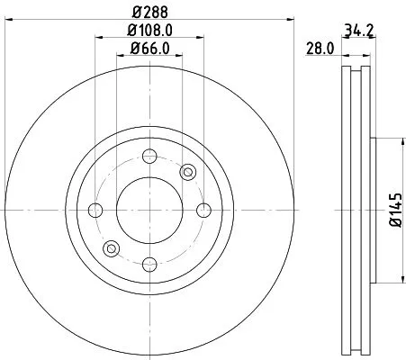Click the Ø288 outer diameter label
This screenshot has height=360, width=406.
[x=149, y=11]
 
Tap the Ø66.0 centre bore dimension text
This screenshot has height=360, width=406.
[x=149, y=49]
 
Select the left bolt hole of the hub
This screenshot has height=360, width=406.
[x=95, y=211]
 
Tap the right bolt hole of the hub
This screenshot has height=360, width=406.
[x=203, y=211]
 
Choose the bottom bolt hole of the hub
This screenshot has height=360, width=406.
[x=149, y=265]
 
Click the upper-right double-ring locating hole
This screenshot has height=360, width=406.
[x=187, y=172]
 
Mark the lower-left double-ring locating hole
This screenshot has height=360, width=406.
[x=112, y=248]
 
